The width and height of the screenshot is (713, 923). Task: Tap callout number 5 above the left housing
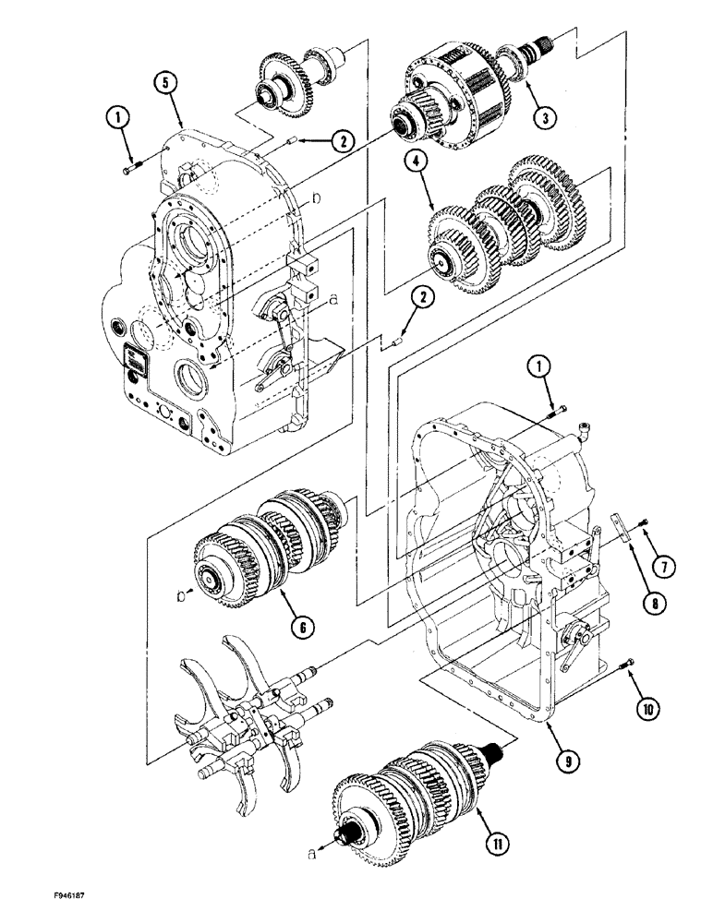click(165, 83)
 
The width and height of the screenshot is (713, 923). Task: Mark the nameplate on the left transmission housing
click(136, 360)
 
